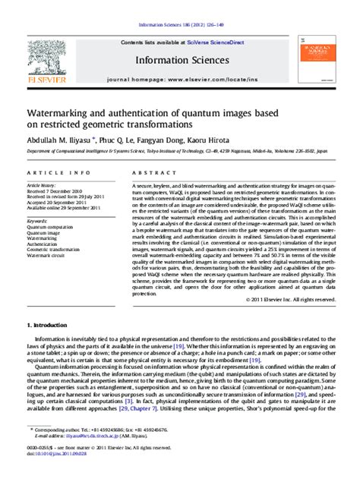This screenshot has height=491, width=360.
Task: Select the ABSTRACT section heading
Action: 149,172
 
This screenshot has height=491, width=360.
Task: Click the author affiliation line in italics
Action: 178,151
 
